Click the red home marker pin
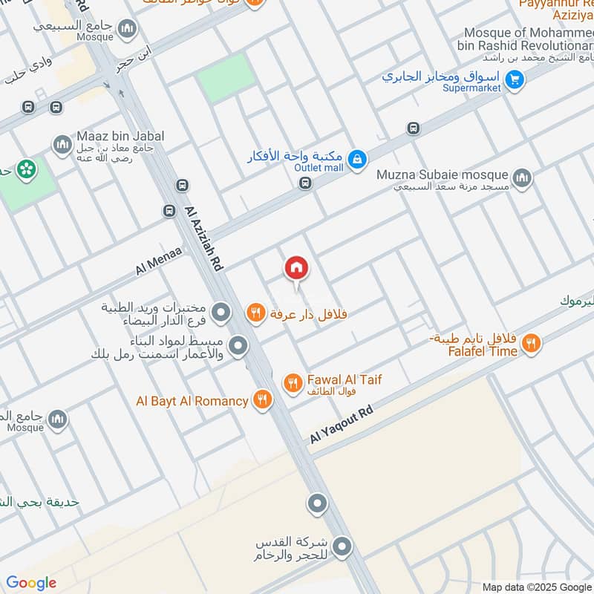(296, 268)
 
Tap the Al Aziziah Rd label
(206, 238)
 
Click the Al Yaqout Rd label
(341, 425)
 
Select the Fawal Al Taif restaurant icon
(293, 383)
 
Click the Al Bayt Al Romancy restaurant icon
(261, 401)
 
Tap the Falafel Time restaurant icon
(530, 343)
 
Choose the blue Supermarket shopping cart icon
(514, 78)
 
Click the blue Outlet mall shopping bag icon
(358, 159)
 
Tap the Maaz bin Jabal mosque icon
(62, 143)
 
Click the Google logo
(31, 583)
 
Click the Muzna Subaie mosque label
(443, 175)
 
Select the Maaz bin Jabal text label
(120, 136)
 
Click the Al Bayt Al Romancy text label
(192, 401)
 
